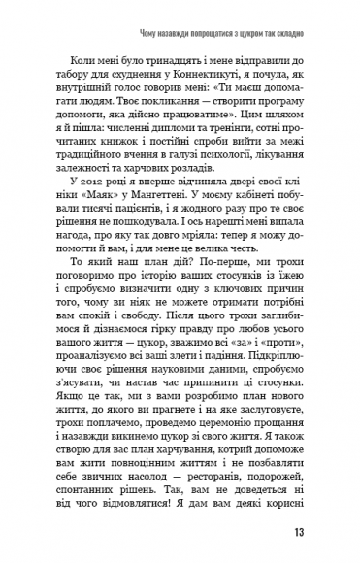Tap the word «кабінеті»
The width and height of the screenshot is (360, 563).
288,235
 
